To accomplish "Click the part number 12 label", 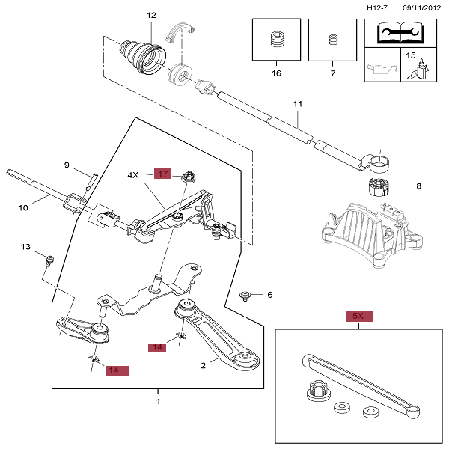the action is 151,15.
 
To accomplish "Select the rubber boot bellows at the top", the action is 143,58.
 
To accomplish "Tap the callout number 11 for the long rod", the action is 298,104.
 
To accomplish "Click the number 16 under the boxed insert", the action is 276,73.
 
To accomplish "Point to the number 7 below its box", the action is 333,73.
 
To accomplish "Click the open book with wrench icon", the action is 400,34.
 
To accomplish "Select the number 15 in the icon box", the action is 410,55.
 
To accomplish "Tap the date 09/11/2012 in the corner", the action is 422,7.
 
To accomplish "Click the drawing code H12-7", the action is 377,7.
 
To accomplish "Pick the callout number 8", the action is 418,186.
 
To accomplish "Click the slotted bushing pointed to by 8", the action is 379,187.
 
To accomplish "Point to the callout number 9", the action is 67,165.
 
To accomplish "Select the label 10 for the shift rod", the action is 23,207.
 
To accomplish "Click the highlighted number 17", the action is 162,174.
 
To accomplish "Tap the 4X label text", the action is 133,175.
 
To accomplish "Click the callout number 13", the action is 25,246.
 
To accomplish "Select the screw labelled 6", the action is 245,296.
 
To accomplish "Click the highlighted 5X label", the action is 360,316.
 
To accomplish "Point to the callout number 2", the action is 203,365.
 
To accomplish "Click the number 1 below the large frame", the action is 158,401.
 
